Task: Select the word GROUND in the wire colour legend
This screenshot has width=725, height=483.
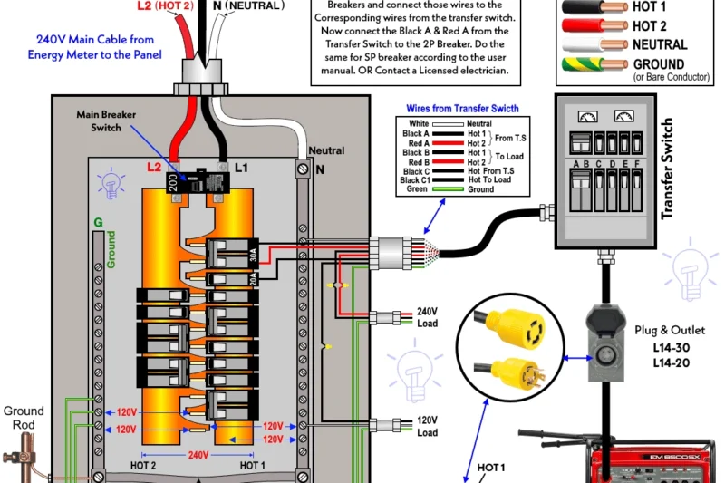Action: pyautogui.click(x=660, y=64)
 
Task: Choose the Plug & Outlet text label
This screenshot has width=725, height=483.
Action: pyautogui.click(x=671, y=330)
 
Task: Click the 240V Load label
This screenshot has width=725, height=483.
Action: pyautogui.click(x=426, y=316)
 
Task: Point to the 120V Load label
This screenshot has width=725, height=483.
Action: pyautogui.click(x=426, y=426)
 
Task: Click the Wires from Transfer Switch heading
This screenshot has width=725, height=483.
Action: pyautogui.click(x=462, y=109)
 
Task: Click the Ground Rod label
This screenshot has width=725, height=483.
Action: pyautogui.click(x=24, y=417)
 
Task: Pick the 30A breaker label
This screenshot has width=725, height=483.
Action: pyautogui.click(x=255, y=251)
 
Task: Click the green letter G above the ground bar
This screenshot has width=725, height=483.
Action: pyautogui.click(x=97, y=220)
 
